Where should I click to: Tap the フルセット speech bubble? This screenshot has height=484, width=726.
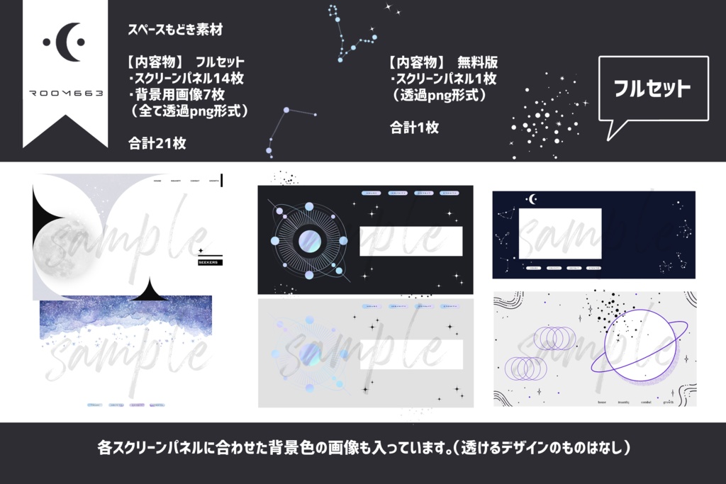click(x=652, y=89)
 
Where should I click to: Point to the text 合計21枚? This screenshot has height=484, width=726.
click(x=157, y=142)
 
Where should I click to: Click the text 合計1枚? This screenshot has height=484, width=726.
click(x=414, y=128)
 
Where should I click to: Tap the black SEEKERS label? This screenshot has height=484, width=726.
click(x=211, y=262)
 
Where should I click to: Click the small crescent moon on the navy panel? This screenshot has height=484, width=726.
click(x=532, y=199)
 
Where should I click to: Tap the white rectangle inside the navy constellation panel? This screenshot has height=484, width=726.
click(x=560, y=233)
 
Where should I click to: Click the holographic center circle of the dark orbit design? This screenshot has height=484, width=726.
click(x=308, y=241)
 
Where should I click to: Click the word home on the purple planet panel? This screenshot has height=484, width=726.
click(x=601, y=402)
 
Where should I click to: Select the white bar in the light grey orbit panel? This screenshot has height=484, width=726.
click(x=411, y=354)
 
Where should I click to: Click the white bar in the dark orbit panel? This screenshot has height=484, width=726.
click(x=411, y=241)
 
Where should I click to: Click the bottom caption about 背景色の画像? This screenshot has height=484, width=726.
click(x=363, y=449)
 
